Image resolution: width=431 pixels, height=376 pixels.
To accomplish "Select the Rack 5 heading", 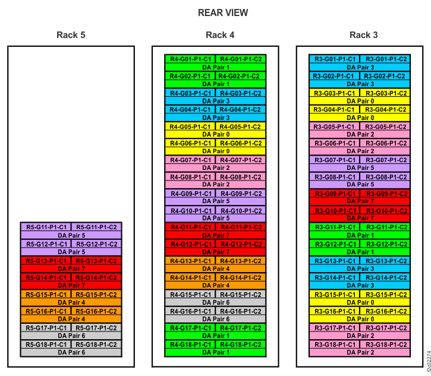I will (x=71, y=35).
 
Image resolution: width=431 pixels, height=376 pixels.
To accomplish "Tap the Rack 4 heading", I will (x=220, y=35).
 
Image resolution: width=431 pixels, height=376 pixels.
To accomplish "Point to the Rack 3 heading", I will (x=363, y=35).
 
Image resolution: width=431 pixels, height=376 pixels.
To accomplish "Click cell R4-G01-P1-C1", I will (x=190, y=59).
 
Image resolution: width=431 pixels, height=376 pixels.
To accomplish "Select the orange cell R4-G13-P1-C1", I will (x=190, y=261).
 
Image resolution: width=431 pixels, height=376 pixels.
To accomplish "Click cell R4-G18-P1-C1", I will (x=190, y=345).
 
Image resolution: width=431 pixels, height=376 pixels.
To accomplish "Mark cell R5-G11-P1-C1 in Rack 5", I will (x=46, y=227).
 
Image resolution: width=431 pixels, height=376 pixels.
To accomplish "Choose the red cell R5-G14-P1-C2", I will (x=96, y=277).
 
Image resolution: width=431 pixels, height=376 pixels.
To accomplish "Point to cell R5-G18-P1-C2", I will (x=96, y=345).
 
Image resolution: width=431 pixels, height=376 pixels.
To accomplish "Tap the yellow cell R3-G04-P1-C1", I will (x=334, y=109).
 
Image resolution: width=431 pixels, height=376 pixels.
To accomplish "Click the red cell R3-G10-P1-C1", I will (x=334, y=210).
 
